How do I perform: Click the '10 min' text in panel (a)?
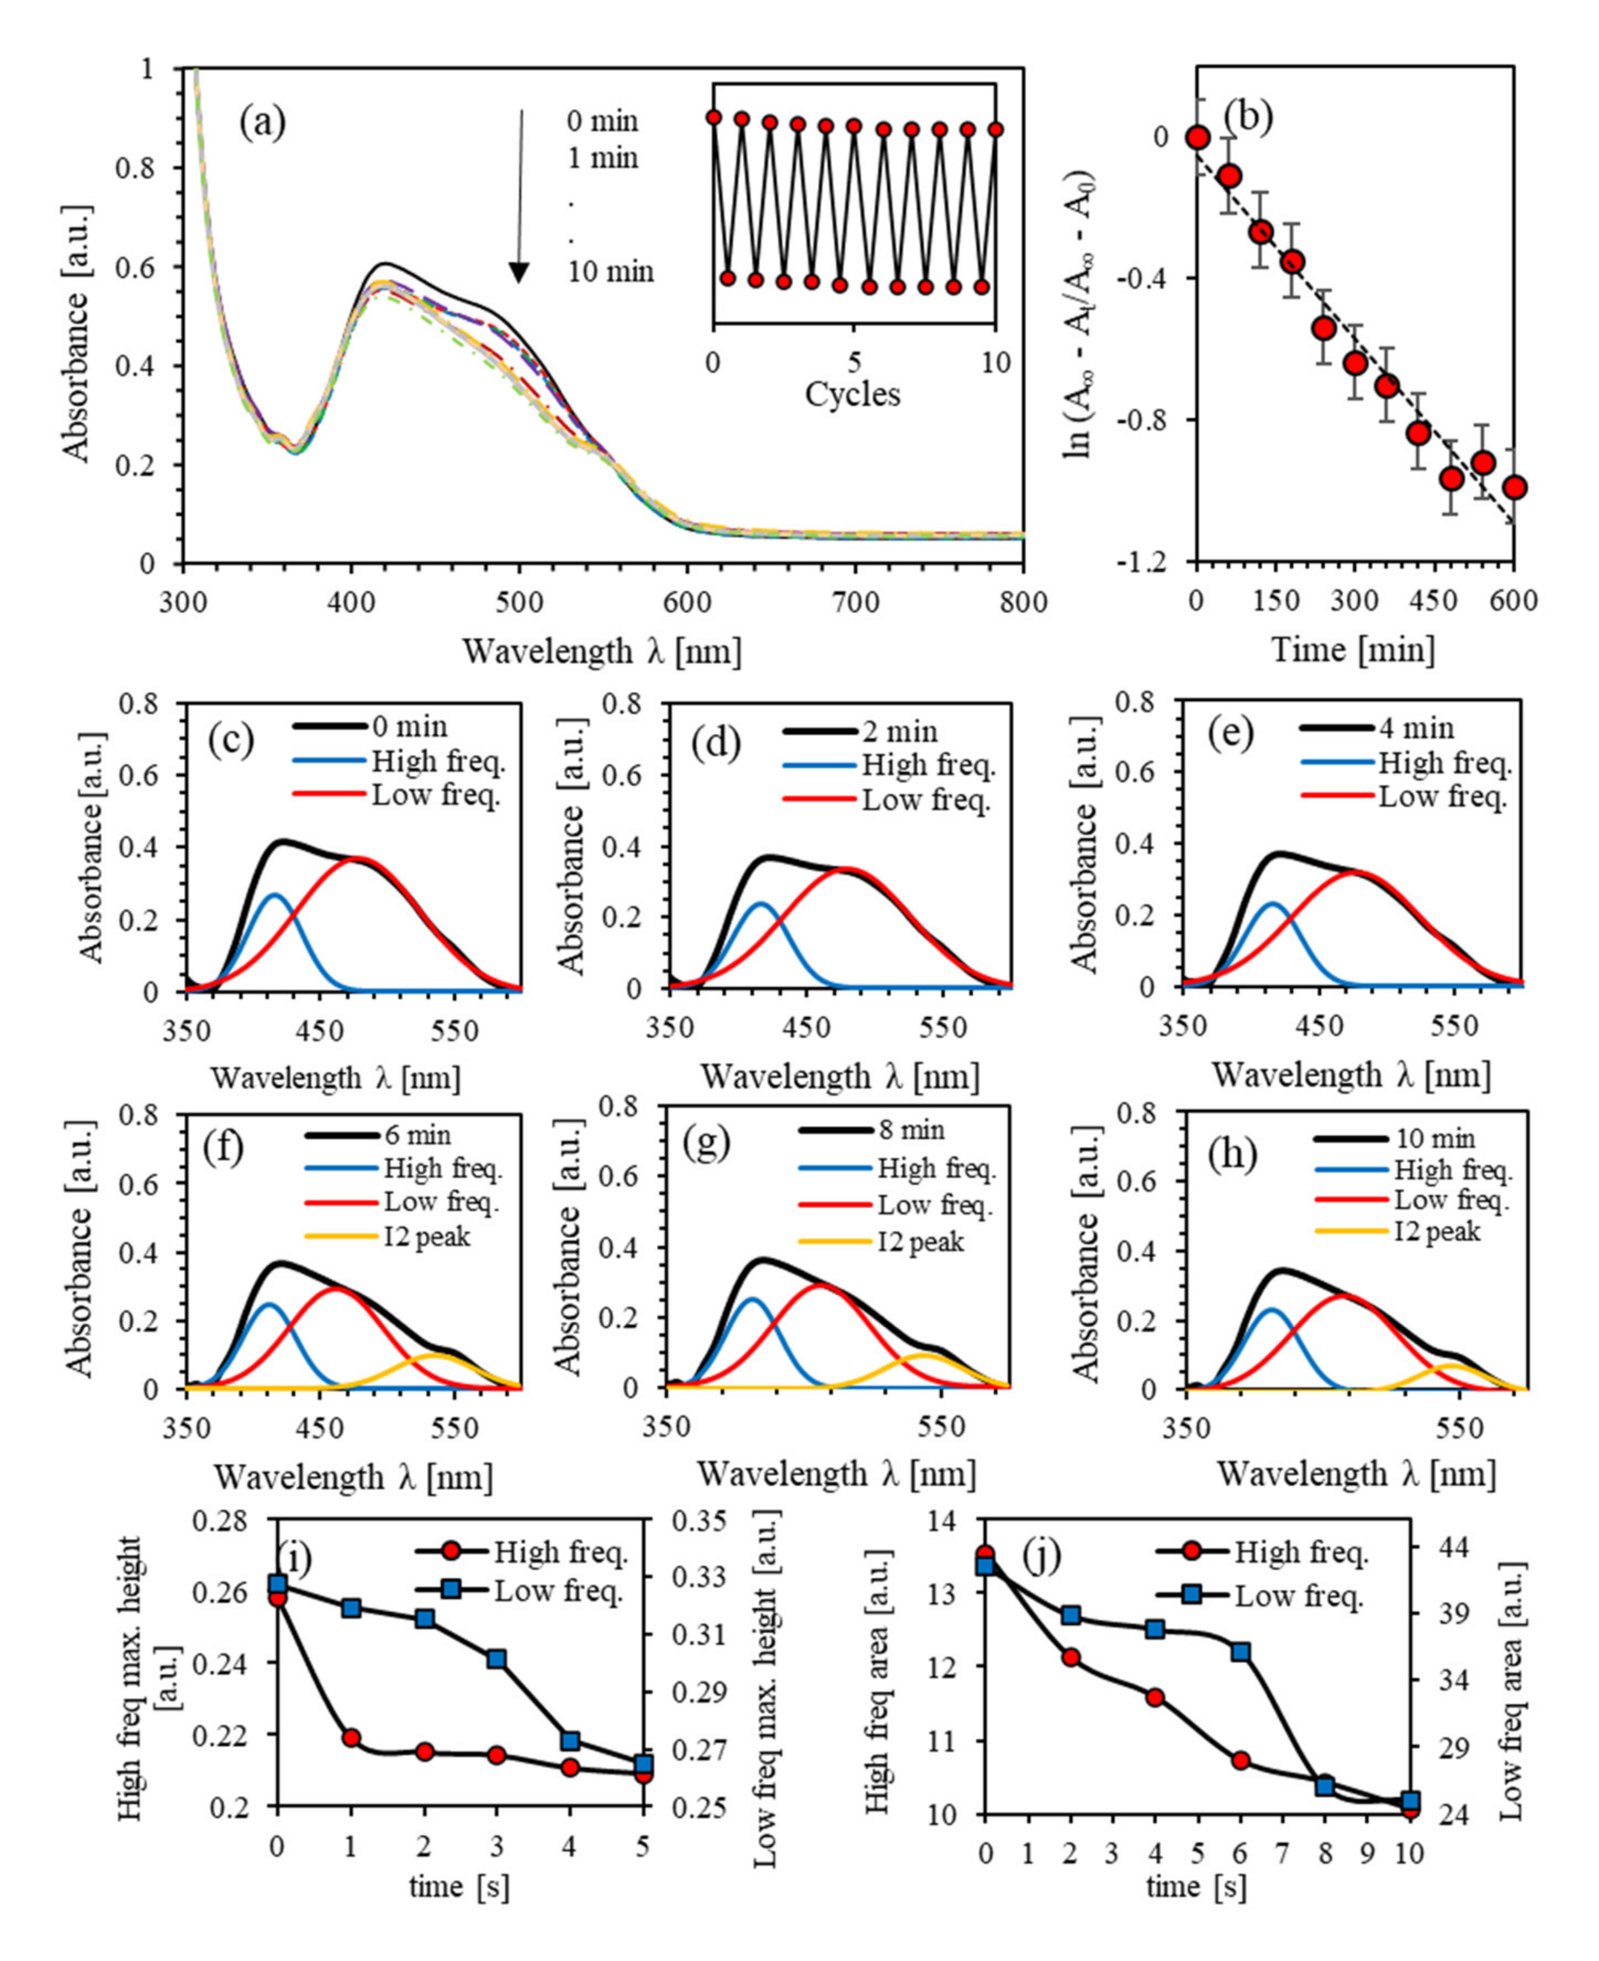pos(611,272)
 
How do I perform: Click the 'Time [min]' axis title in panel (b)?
pos(1353,649)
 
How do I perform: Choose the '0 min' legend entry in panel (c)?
pos(410,727)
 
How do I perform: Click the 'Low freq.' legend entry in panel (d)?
pos(926,801)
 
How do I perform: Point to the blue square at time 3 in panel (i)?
pos(496,1659)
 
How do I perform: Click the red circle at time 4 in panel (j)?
pos(1156,1698)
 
